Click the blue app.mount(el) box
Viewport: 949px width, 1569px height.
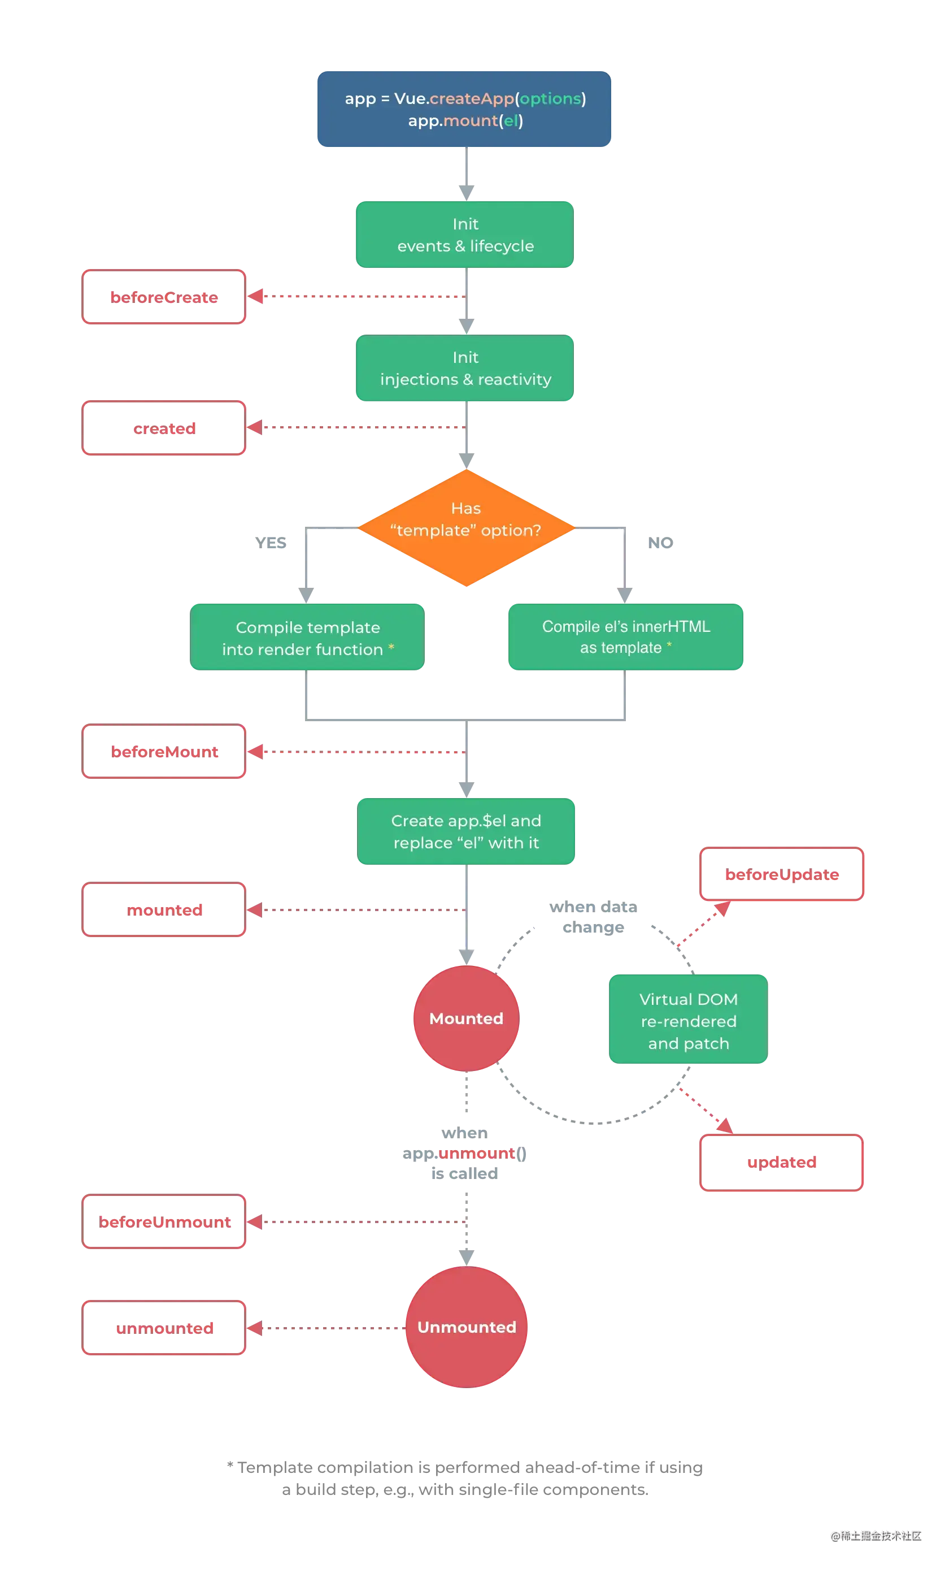pyautogui.click(x=465, y=110)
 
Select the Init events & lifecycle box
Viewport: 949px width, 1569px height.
pyautogui.click(x=465, y=235)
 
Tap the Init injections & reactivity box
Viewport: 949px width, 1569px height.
pyautogui.click(x=465, y=368)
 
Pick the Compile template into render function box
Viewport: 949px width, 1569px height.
pyautogui.click(x=307, y=638)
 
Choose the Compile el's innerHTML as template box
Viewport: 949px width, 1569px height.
pyautogui.click(x=626, y=637)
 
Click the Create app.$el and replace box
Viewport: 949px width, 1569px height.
pyautogui.click(x=467, y=831)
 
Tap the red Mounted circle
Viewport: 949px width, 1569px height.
pyautogui.click(x=467, y=1018)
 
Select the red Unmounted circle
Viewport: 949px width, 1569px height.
pyautogui.click(x=467, y=1327)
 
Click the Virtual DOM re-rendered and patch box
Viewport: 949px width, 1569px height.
pyautogui.click(x=688, y=1021)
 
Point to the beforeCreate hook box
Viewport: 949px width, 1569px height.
pyautogui.click(x=165, y=297)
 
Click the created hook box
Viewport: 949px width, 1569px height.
pyautogui.click(x=165, y=428)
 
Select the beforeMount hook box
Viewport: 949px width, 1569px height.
pyautogui.click(x=165, y=752)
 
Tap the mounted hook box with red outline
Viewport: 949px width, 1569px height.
pyautogui.click(x=165, y=910)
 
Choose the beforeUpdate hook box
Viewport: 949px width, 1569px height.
pyautogui.click(x=782, y=874)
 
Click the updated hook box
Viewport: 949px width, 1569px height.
pyautogui.click(x=782, y=1162)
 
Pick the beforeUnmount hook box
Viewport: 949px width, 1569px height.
pyautogui.click(x=165, y=1222)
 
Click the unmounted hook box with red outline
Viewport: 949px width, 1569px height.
pyautogui.click(x=165, y=1328)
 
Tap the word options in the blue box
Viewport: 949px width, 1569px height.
pyautogui.click(x=550, y=99)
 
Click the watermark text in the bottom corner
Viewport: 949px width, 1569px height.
pyautogui.click(x=875, y=1535)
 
